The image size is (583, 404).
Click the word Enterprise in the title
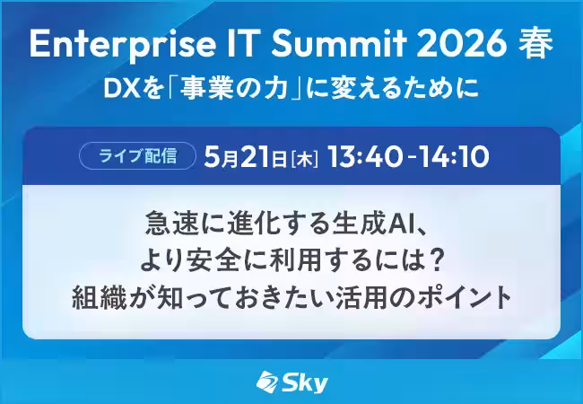pos(123,45)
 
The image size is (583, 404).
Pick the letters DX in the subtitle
pos(119,90)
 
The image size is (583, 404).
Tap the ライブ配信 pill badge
pos(137,156)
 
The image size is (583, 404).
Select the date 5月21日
pos(246,156)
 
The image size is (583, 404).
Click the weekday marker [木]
pos(305,159)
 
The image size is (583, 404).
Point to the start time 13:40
pos(365,156)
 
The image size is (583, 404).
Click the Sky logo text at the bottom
pos(305,382)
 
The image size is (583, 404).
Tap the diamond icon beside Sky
pos(267,382)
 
